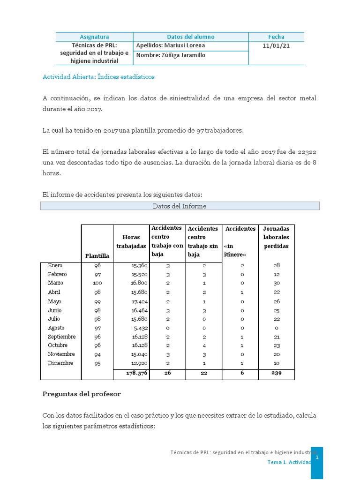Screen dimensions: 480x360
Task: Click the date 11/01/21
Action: [x=276, y=46]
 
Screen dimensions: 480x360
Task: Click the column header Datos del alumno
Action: [x=191, y=37]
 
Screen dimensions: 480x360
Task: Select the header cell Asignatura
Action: [x=94, y=37]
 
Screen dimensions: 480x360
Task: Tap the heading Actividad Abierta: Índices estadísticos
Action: [x=98, y=77]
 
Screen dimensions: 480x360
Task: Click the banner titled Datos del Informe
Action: [x=180, y=206]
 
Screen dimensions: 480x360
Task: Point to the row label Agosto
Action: [x=56, y=328]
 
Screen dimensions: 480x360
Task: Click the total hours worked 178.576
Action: [x=137, y=373]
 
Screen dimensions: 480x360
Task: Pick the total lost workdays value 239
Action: [x=276, y=373]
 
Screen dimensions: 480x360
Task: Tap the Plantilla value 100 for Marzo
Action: [x=97, y=283]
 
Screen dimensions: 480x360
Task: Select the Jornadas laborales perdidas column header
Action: [x=276, y=237]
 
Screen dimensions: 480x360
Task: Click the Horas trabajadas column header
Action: [x=131, y=241]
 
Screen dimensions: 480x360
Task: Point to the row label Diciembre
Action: [x=61, y=363]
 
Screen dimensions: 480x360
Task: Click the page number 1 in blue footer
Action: [x=317, y=457]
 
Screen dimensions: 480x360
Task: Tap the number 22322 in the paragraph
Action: [x=307, y=152]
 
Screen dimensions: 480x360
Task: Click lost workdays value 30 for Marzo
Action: [x=276, y=283]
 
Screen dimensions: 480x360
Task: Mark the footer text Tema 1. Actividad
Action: [x=289, y=462]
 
